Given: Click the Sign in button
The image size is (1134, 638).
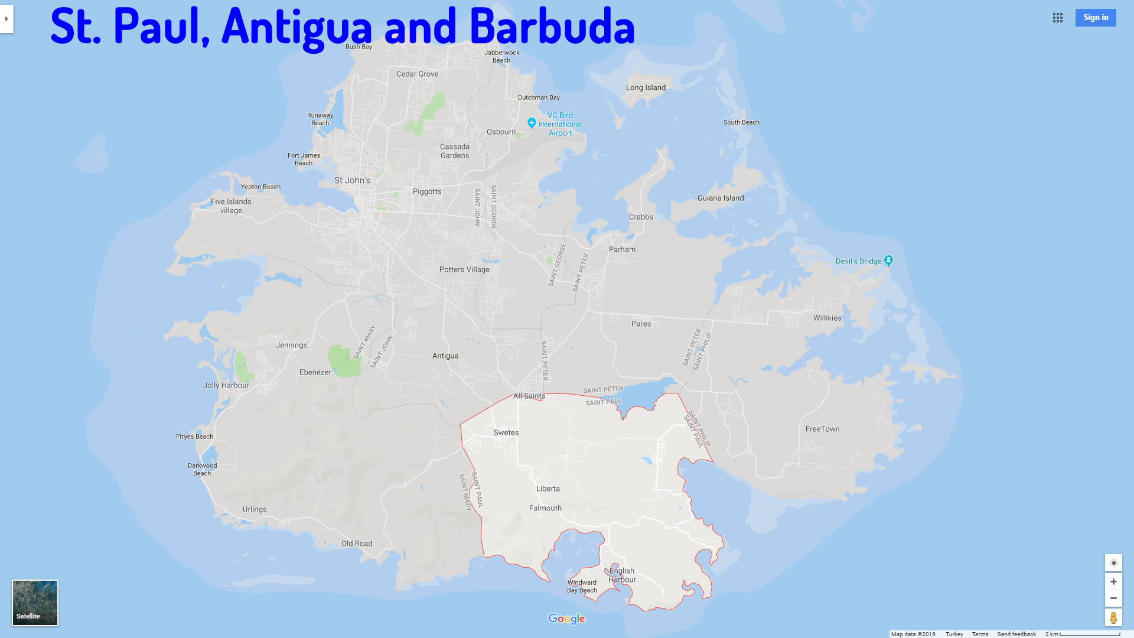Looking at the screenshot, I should pos(1095,18).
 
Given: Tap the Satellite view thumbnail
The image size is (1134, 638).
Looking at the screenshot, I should pos(35,602).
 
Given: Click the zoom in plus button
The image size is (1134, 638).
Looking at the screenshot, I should pos(1113,582).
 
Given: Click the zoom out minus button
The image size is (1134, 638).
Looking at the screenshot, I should pos(1113,598).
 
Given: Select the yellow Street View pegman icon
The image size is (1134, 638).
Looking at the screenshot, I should pos(1113,618).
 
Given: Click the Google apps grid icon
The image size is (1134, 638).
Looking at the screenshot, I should pos(1058,18).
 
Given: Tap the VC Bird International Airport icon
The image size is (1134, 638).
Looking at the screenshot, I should pos(532,123).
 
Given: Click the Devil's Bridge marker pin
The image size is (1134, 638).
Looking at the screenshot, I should pos(889,261).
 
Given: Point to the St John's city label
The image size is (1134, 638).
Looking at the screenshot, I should pos(352,180).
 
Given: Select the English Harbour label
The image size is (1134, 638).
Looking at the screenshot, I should pos(623,575).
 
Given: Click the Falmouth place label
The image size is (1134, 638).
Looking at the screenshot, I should pos(545,508).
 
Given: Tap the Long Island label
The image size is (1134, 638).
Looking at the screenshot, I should pos(646,87).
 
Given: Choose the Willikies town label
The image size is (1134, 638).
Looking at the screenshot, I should pos(827,318).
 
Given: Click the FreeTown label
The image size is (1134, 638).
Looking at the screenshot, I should pos(822,429).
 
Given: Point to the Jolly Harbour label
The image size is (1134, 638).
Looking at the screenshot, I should pos(226,385).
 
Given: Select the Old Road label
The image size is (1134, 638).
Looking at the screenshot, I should pos(357,543).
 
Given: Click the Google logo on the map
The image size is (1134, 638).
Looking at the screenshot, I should pos(566,619).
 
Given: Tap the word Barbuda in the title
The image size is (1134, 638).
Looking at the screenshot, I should pos(552,27).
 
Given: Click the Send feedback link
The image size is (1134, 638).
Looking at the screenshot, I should pos(1016,634).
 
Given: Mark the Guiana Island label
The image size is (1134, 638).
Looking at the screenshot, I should pos(721,198).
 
